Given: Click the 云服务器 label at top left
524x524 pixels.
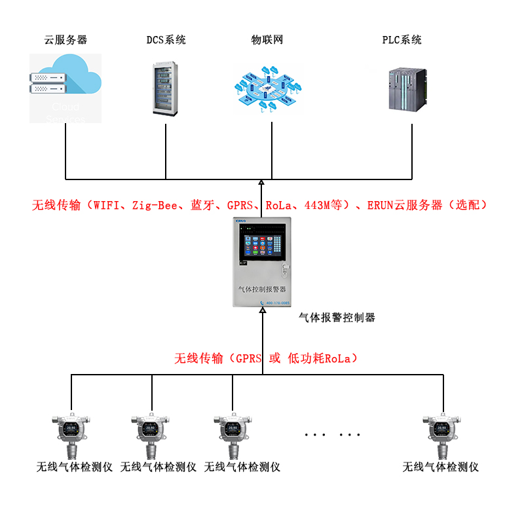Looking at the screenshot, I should tap(65, 40).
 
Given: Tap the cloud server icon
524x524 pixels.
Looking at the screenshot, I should tap(65, 88).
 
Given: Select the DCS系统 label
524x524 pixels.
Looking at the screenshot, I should tap(166, 40).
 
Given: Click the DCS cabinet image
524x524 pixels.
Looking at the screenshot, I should tap(166, 88).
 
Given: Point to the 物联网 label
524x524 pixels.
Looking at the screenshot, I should tap(267, 40).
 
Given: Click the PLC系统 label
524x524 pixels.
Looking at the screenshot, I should tap(402, 40).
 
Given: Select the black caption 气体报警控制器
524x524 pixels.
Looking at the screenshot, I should tap(337, 318).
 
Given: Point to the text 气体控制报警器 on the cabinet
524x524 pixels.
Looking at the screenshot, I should tap(262, 288).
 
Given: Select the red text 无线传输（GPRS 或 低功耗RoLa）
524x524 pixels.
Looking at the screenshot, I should tap(265, 358).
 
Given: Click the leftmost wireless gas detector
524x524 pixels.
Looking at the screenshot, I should tap(71, 432).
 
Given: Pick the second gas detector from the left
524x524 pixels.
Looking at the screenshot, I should tap(150, 432).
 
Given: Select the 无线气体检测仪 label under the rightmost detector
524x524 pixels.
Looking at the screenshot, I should tap(441, 467).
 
